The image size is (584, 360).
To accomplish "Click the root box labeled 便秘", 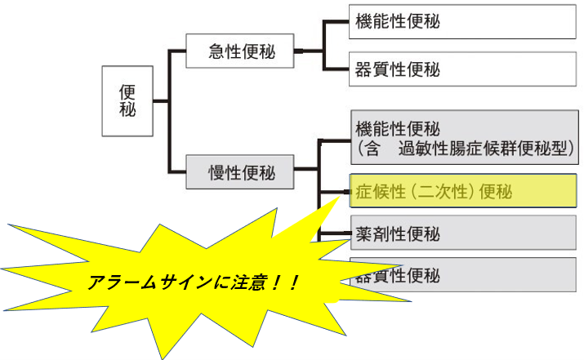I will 127,100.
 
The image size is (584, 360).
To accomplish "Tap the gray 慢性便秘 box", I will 239,171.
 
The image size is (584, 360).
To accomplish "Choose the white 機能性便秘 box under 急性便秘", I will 462,22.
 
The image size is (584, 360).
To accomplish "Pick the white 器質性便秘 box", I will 462,68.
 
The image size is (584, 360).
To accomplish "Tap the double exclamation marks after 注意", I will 288,282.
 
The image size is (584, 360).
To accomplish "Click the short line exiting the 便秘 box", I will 160,102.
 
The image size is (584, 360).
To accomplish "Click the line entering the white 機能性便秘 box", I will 336,22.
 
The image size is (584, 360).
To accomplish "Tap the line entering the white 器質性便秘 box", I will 336,68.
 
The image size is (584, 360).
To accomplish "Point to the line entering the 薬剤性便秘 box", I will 337,234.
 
